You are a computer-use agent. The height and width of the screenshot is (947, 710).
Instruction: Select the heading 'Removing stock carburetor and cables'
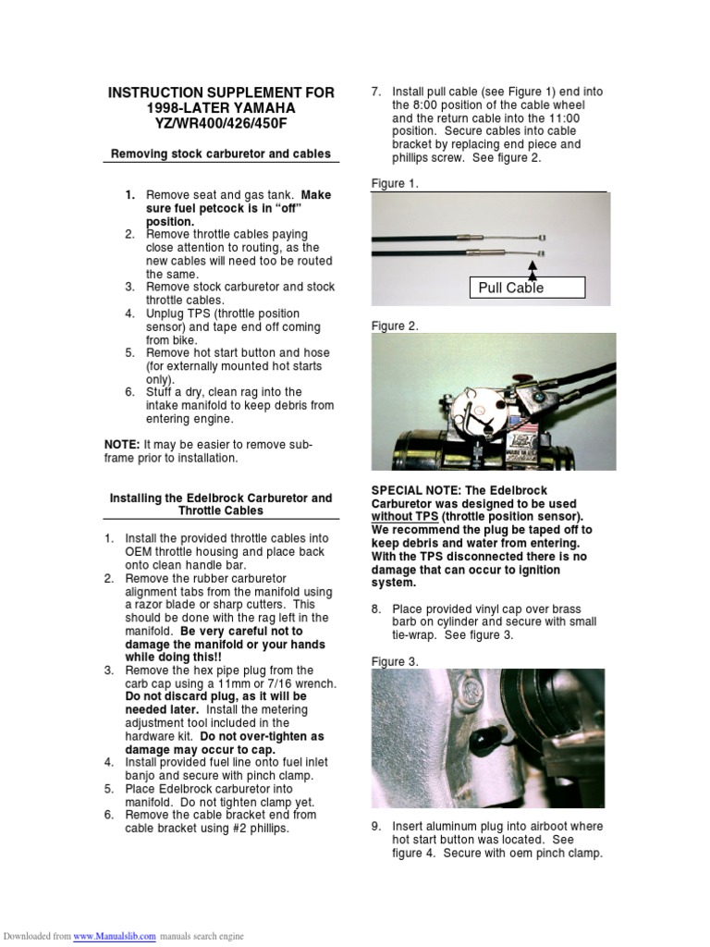click(x=221, y=154)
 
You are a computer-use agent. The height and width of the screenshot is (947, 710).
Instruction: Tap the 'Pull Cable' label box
click(x=527, y=288)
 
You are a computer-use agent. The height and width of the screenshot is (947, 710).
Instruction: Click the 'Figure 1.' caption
click(x=395, y=183)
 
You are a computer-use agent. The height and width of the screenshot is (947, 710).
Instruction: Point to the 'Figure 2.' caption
click(x=395, y=326)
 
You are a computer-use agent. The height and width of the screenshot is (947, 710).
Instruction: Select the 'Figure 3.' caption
click(x=395, y=661)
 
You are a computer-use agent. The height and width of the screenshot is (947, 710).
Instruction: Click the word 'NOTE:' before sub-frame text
click(x=122, y=445)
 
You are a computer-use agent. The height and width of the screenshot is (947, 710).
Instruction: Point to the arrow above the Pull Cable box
click(x=533, y=266)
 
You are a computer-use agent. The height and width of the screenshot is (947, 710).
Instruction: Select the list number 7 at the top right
click(x=376, y=92)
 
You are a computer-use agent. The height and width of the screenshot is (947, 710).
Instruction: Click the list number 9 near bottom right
click(x=376, y=826)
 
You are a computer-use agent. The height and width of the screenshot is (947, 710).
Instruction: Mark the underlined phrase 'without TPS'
click(x=404, y=517)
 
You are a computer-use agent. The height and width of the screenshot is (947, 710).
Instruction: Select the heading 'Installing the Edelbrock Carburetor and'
click(x=221, y=498)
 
